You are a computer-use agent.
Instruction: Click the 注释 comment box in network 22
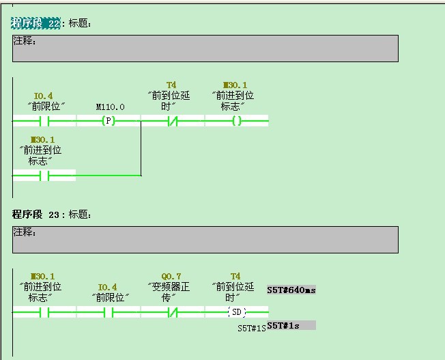pyautogui.click(x=205, y=49)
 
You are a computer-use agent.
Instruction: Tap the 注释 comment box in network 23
pyautogui.click(x=205, y=240)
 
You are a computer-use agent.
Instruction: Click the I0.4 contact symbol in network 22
pyautogui.click(x=44, y=122)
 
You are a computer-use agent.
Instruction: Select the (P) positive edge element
pyautogui.click(x=108, y=122)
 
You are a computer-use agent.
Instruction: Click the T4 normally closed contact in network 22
pyautogui.click(x=172, y=122)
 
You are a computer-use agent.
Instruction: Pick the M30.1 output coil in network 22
pyautogui.click(x=236, y=122)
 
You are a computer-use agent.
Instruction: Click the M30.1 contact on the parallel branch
pyautogui.click(x=44, y=176)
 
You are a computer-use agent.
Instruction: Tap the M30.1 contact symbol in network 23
pyautogui.click(x=44, y=313)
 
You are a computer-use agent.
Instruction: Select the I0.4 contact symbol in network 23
pyautogui.click(x=108, y=313)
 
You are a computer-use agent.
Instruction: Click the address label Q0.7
pyautogui.click(x=172, y=277)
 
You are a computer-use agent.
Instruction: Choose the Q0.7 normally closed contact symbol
pyautogui.click(x=172, y=313)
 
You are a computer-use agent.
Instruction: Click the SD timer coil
pyautogui.click(x=236, y=313)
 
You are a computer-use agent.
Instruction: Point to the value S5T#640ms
pyautogui.click(x=291, y=290)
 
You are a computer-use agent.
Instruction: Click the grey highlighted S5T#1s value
pyautogui.click(x=291, y=325)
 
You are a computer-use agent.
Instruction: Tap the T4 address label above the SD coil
pyautogui.click(x=235, y=277)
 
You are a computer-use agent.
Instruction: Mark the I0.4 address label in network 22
pyautogui.click(x=44, y=96)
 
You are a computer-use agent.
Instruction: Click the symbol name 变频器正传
pyautogui.click(x=171, y=292)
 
